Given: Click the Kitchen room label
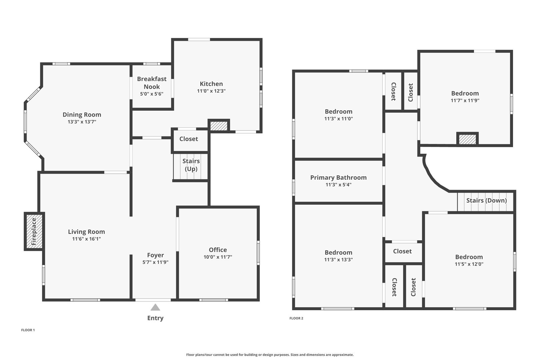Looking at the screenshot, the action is (x=211, y=84).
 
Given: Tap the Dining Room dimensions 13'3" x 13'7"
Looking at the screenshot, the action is (x=82, y=122).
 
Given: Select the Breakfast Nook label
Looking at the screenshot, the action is (x=152, y=83).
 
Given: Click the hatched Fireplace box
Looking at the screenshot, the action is (x=34, y=231).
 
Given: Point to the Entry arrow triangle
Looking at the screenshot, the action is (x=155, y=307).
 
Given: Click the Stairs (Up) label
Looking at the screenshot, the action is (x=191, y=165).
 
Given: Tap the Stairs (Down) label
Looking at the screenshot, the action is (x=486, y=200).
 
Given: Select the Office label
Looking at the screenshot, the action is (x=218, y=250).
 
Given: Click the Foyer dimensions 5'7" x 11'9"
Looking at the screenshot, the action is (x=155, y=262).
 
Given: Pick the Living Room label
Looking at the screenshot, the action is (x=86, y=232).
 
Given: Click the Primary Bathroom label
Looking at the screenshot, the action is (x=338, y=178).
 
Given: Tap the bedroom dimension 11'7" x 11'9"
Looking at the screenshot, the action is (x=465, y=101).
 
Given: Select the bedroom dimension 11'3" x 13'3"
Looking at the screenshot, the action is (x=338, y=260).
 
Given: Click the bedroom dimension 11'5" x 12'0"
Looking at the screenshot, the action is (x=469, y=264).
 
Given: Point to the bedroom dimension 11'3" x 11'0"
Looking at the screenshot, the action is (x=338, y=119).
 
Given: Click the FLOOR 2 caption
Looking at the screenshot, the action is (x=296, y=318).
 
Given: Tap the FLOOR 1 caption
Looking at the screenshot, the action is (x=28, y=330).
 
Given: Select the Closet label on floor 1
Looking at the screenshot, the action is (x=189, y=139).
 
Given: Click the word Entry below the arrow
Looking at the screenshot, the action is (x=155, y=318).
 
